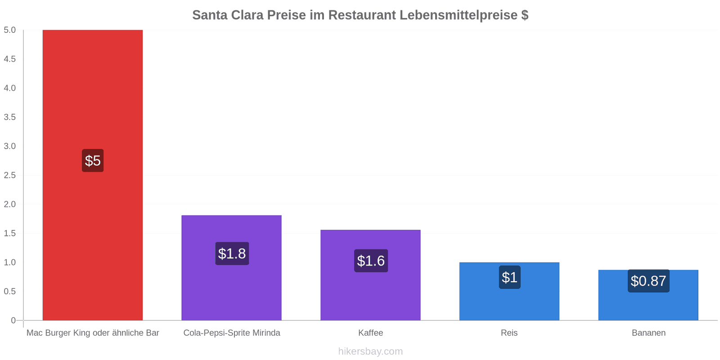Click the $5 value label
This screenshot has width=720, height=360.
coord(93,161)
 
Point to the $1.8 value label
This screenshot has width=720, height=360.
coord(232,253)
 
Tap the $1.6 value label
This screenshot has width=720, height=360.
coord(371,261)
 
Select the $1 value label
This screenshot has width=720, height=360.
coord(509,277)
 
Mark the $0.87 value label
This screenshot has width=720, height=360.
coord(648,281)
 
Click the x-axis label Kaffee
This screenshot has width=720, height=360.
coord(370,333)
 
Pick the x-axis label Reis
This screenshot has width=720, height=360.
coord(509,333)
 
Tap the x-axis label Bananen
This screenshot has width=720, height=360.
coord(648,333)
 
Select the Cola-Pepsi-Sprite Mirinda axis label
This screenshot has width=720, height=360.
coord(232,333)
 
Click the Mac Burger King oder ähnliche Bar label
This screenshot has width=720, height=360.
coord(93,333)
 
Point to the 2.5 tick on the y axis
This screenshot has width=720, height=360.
coord(10,175)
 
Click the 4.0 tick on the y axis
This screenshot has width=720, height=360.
coord(10,88)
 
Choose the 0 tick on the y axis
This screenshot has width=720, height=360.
coord(13,320)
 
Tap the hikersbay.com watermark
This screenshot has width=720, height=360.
coord(370,351)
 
